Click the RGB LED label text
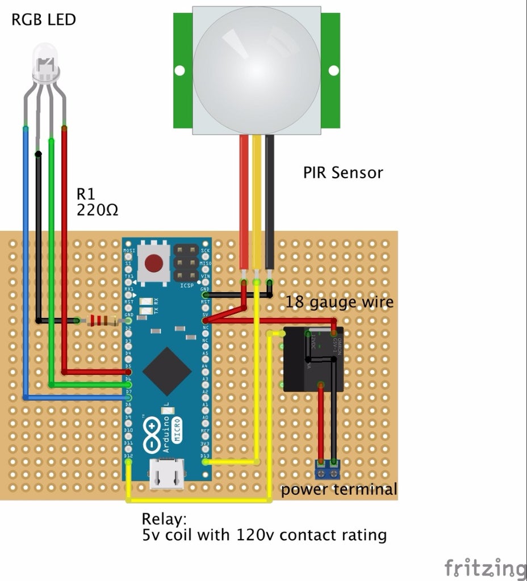pyautogui.click(x=43, y=20)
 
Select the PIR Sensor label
pyautogui.click(x=342, y=172)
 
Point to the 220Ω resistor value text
pyautogui.click(x=97, y=210)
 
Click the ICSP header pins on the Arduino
pyautogui.click(x=186, y=263)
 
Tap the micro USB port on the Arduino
pyautogui.click(x=166, y=474)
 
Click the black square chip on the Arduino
pyautogui.click(x=166, y=371)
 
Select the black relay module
pyautogui.click(x=313, y=359)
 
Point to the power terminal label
pyautogui.click(x=338, y=489)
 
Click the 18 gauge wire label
pyautogui.click(x=339, y=302)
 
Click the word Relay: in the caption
pyautogui.click(x=164, y=519)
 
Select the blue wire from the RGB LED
pyautogui.click(x=26, y=255)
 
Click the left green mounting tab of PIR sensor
pyautogui.click(x=182, y=70)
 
